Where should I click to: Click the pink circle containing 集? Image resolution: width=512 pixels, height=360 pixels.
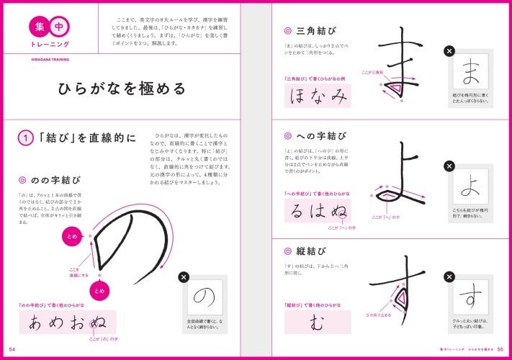pyautogui.click(x=37, y=27)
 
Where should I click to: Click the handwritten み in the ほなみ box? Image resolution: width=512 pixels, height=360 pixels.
pyautogui.click(x=337, y=97)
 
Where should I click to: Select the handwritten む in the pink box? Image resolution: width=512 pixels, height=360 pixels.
pyautogui.click(x=317, y=323)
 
